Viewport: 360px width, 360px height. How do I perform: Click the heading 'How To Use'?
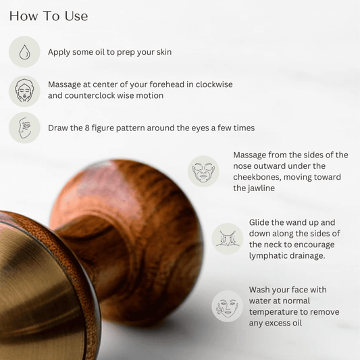49,16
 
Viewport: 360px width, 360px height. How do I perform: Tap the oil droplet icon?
25,52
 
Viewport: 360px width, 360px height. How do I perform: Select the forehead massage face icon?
25,91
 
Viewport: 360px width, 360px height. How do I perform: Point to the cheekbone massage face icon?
204,172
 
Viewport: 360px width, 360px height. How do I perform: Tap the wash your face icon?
227,306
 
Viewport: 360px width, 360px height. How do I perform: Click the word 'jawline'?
249,188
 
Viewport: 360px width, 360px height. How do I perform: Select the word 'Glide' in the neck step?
261,222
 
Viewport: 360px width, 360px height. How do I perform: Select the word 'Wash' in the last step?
261,290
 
